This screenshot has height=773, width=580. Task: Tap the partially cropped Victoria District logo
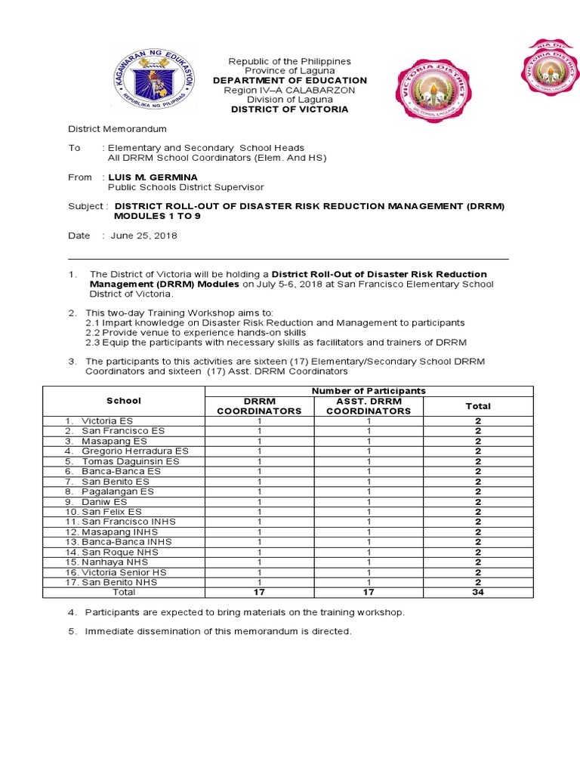(549, 68)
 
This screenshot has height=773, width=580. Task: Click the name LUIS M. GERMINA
(153, 177)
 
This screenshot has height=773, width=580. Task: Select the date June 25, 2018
(143, 236)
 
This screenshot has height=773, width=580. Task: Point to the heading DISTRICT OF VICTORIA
(291, 109)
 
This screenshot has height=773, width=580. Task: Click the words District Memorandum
(118, 129)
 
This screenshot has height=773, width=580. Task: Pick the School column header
(124, 401)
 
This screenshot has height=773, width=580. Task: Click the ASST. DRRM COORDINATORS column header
(369, 406)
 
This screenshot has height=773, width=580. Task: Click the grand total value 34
(477, 593)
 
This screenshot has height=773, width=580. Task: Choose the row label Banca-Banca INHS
(126, 542)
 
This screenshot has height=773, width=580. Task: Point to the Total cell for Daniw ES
(477, 501)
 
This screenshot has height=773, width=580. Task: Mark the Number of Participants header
(369, 390)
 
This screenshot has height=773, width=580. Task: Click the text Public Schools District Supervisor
(186, 188)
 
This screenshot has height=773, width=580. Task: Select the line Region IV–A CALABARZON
(290, 91)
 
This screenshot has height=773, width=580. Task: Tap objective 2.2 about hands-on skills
(196, 332)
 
